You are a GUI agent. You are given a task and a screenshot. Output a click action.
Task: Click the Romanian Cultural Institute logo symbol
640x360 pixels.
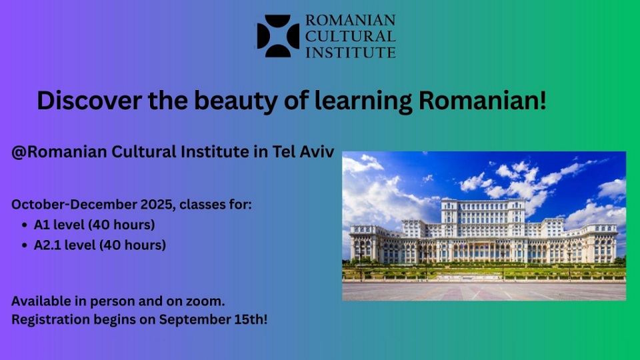pos(278,36)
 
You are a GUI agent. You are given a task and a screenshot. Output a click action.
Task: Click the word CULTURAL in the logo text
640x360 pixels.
pos(350,36)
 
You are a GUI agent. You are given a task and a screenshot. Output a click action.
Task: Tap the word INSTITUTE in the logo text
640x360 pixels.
pos(350,51)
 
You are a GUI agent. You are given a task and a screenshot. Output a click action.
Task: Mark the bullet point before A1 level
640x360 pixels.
pos(24,225)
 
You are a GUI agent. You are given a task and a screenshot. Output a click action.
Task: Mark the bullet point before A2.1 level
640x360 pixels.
pos(24,245)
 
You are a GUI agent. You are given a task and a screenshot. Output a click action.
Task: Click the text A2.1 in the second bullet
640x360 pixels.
pos(47,245)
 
